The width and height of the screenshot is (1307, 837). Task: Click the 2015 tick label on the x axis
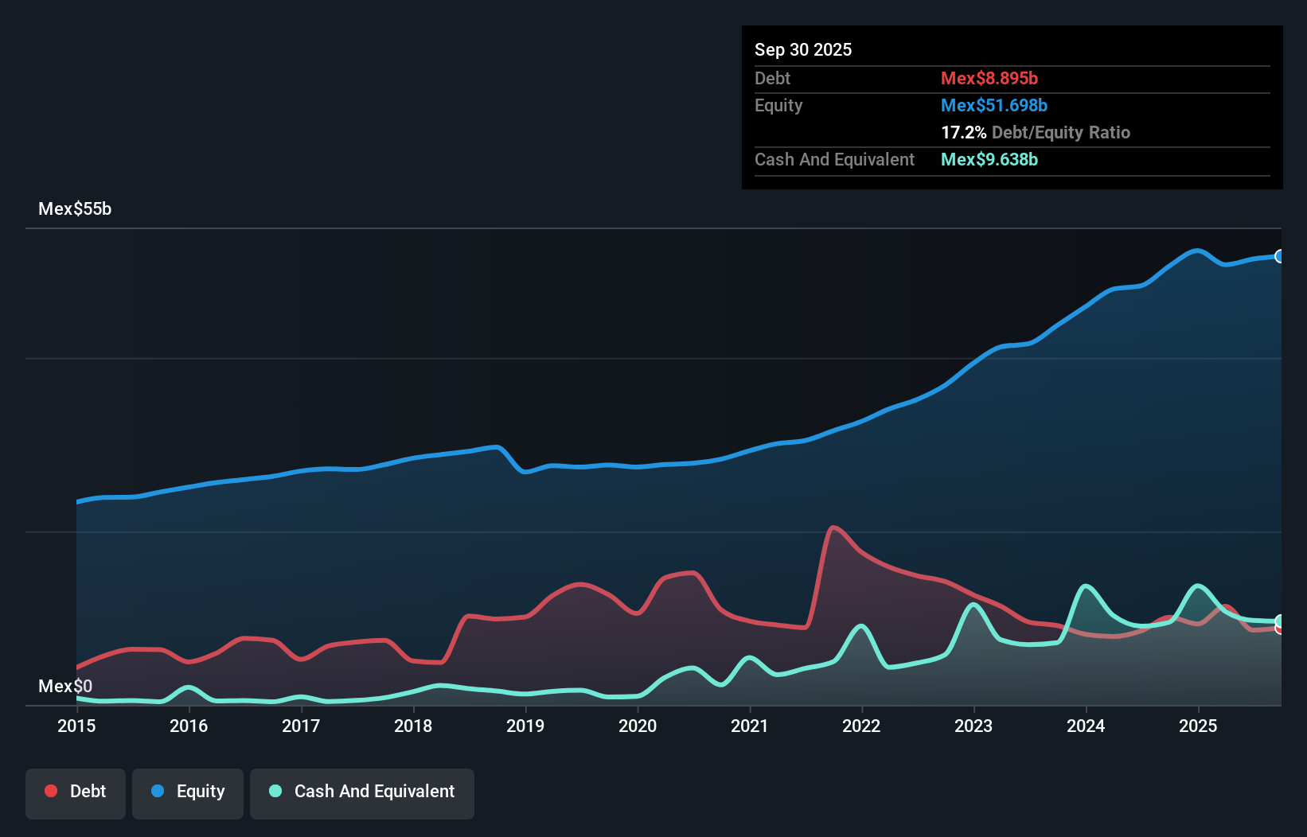pyautogui.click(x=76, y=726)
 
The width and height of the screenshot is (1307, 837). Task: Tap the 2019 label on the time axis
pyautogui.click(x=525, y=726)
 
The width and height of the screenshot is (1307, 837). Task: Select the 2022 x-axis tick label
pyautogui.click(x=861, y=726)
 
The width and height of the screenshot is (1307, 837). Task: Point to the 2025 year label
pyautogui.click(x=1198, y=726)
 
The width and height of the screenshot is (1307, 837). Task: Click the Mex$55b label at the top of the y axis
pyautogui.click(x=75, y=209)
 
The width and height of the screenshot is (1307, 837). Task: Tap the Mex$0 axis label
pyautogui.click(x=65, y=686)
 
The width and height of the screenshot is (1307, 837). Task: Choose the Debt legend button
pyautogui.click(x=76, y=792)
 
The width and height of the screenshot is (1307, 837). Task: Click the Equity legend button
pyautogui.click(x=188, y=792)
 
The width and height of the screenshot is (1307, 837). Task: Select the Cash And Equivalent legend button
pyautogui.click(x=362, y=792)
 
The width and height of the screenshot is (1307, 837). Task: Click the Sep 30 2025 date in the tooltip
pyautogui.click(x=803, y=49)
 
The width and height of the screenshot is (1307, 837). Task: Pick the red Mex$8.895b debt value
pyautogui.click(x=989, y=78)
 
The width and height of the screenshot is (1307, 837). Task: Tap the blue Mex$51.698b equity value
pyautogui.click(x=994, y=105)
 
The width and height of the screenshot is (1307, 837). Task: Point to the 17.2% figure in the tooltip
pyautogui.click(x=963, y=132)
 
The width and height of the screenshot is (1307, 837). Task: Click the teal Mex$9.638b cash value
pyautogui.click(x=989, y=159)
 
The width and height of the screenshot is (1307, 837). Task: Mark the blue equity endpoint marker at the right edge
pyautogui.click(x=1280, y=256)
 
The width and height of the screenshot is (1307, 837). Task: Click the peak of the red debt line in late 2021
pyautogui.click(x=833, y=527)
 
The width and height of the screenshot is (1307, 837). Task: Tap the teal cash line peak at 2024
pyautogui.click(x=1086, y=586)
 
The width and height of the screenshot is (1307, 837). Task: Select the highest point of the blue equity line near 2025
pyautogui.click(x=1196, y=251)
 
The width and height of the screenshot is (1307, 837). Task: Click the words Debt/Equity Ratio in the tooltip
pyautogui.click(x=1061, y=132)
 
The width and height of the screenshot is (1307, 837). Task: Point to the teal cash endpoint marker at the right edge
pyautogui.click(x=1280, y=621)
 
